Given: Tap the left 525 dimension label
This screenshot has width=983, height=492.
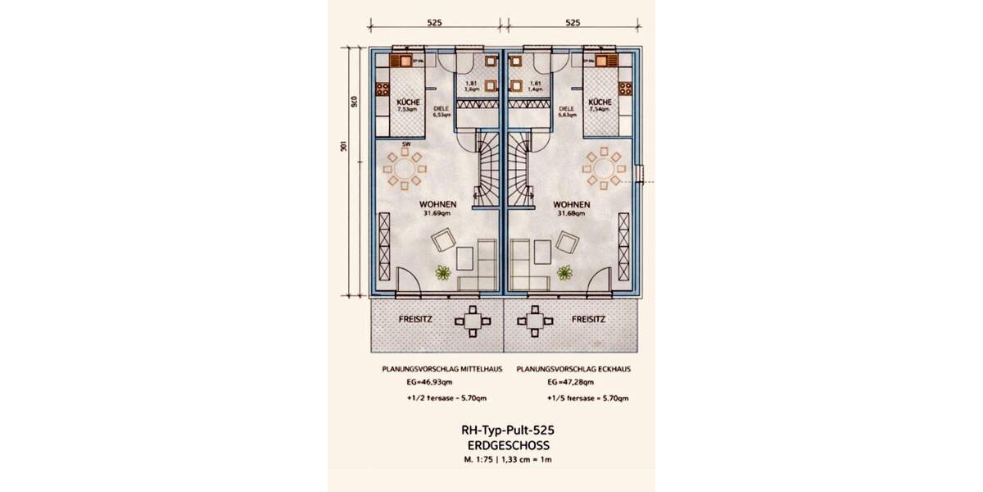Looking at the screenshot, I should coord(434,23).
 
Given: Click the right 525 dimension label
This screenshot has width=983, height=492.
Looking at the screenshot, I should coord(573,23).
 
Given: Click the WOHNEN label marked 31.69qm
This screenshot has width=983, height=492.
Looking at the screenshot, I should coord(438,204).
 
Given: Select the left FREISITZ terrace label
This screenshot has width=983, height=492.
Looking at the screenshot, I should coord(416,319).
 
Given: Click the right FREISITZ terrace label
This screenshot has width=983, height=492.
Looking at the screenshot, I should coord(588,319).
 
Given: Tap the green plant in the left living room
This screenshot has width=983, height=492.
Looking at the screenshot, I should coord(443,273).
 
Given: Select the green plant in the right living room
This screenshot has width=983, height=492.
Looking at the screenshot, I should coord(564,272).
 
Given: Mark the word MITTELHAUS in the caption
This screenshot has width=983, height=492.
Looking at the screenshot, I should coord(478,369).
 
